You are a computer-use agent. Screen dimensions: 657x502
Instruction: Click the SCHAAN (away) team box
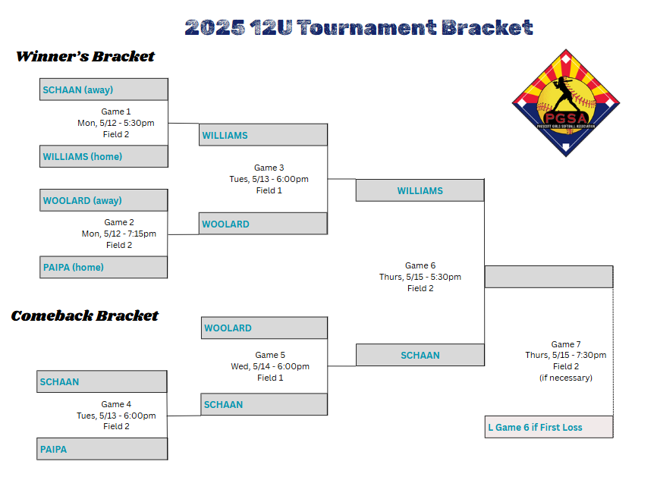point(104,89)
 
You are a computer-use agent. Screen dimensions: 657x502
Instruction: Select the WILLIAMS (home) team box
point(104,156)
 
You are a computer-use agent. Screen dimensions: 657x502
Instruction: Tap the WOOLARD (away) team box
point(103,200)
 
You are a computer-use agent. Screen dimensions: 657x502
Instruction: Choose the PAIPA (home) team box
point(103,267)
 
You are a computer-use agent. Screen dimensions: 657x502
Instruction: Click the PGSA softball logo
point(566,103)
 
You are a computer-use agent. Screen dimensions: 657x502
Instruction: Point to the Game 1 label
point(116,111)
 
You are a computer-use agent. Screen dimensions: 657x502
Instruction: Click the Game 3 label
point(269,168)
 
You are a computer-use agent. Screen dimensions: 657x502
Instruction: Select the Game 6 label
point(420,265)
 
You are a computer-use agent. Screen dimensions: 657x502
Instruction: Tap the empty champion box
point(549,277)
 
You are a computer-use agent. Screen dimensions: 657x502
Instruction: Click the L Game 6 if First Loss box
point(549,427)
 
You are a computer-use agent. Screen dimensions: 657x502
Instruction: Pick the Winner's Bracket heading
point(86,56)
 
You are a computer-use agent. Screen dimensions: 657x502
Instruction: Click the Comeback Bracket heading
point(85,315)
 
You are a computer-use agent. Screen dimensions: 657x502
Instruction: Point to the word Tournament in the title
point(366,27)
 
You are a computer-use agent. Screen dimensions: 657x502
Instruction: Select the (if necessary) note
point(566,378)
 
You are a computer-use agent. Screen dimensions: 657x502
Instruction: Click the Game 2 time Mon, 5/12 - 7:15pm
point(119,234)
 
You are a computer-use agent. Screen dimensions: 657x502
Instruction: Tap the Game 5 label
point(270,355)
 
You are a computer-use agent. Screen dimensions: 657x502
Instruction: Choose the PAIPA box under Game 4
point(102,449)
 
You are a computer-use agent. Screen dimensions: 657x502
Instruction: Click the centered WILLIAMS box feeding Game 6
point(420,190)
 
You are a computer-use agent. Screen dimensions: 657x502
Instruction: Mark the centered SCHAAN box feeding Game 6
point(420,355)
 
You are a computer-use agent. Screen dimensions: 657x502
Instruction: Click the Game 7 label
point(566,344)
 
